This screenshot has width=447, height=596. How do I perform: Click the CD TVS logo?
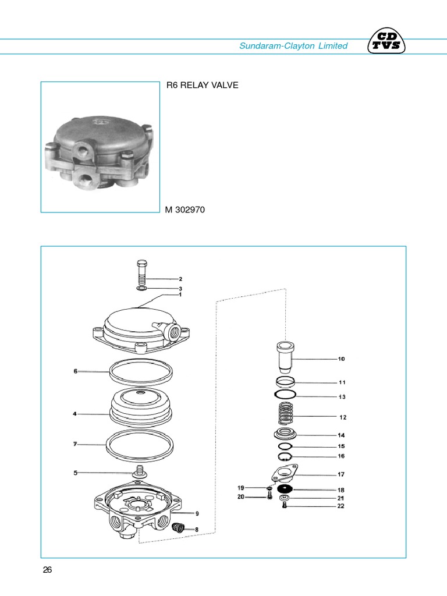pyautogui.click(x=388, y=42)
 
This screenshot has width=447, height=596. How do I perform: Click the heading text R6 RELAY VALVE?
pyautogui.click(x=202, y=86)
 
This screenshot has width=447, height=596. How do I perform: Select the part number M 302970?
pyautogui.click(x=185, y=210)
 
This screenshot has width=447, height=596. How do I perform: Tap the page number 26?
pyautogui.click(x=48, y=570)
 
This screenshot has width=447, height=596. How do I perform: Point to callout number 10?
pyautogui.click(x=342, y=359)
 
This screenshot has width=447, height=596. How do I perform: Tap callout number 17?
pyautogui.click(x=342, y=474)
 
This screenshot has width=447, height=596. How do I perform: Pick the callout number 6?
pyautogui.click(x=76, y=371)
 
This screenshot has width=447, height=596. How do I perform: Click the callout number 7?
pyautogui.click(x=76, y=445)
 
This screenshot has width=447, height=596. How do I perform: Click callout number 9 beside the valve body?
pyautogui.click(x=197, y=513)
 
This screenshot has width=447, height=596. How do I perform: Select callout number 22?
pyautogui.click(x=341, y=506)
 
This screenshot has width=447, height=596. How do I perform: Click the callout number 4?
pyautogui.click(x=75, y=414)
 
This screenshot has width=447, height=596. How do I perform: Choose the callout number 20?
pyautogui.click(x=241, y=497)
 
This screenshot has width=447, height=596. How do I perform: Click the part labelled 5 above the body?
pyautogui.click(x=139, y=472)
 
